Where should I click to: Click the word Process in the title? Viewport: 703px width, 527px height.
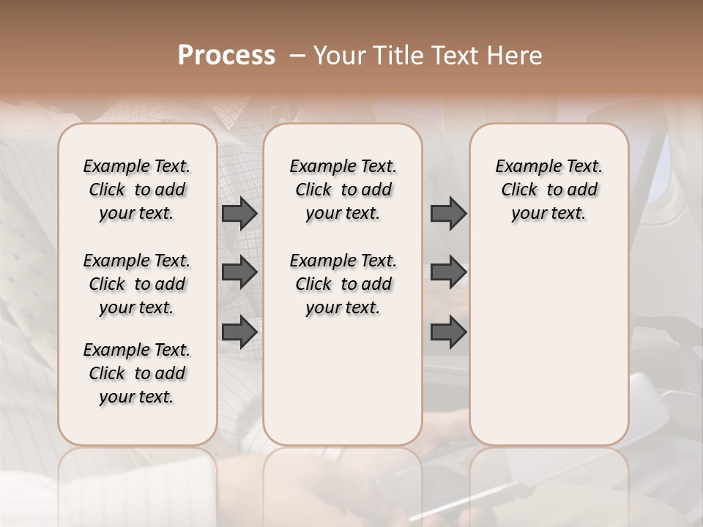point(226,56)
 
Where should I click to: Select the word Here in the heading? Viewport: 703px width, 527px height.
point(516,56)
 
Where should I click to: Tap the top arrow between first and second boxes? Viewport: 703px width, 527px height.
point(239,213)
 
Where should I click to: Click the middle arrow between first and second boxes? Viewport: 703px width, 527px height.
point(239,272)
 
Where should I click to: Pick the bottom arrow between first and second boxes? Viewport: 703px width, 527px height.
point(239,332)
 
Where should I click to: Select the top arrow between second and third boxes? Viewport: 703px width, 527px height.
point(448,213)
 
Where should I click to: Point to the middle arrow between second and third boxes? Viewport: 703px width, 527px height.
point(448,272)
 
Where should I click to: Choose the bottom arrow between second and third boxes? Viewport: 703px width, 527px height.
point(448,332)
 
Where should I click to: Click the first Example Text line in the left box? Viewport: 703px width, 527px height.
point(137,166)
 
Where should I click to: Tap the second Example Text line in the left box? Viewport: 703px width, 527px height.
point(137,261)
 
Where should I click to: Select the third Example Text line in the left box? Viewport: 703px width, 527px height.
point(137,350)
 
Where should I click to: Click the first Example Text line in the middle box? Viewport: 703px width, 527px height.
point(343,166)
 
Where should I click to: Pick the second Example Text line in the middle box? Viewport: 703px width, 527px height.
point(343,261)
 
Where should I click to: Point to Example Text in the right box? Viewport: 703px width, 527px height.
point(548,166)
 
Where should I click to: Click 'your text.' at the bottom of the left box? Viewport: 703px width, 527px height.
point(137,397)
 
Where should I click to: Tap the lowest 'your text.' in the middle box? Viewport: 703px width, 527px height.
point(343,308)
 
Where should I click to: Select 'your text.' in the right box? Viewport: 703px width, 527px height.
point(548,214)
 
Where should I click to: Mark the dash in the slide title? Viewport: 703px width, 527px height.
point(297,56)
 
